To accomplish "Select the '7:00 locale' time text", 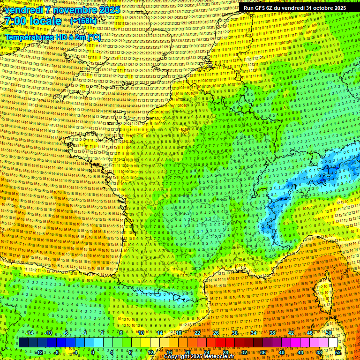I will [33, 21].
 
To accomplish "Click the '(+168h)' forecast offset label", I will [83, 21].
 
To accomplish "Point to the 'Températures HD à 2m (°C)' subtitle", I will [52, 37].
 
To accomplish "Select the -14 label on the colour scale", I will [29, 333].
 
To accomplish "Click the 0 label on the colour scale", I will [93, 352].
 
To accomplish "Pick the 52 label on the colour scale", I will [338, 352].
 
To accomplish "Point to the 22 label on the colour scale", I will [197, 333].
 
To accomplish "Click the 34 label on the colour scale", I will [254, 333].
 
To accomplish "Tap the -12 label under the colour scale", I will [39, 352].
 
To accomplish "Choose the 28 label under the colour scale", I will [225, 352].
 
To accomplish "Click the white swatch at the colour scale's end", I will [333, 343].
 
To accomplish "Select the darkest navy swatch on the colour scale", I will [23, 343].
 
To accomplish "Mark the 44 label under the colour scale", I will [300, 352].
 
